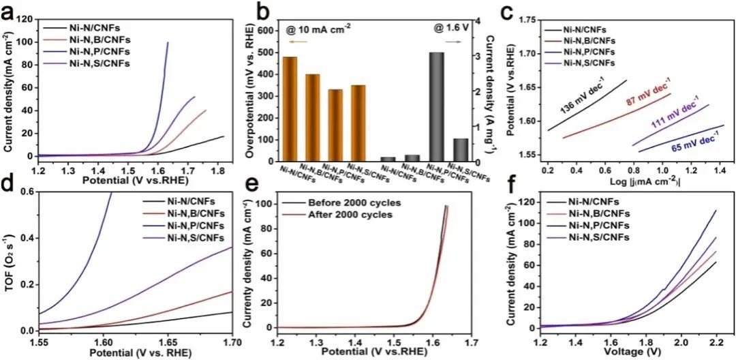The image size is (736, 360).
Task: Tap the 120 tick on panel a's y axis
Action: coord(27,20)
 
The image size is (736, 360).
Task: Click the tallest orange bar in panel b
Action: coord(290,109)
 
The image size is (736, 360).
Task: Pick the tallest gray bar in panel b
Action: coord(435,107)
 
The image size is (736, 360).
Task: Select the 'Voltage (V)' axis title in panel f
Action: coord(633,352)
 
